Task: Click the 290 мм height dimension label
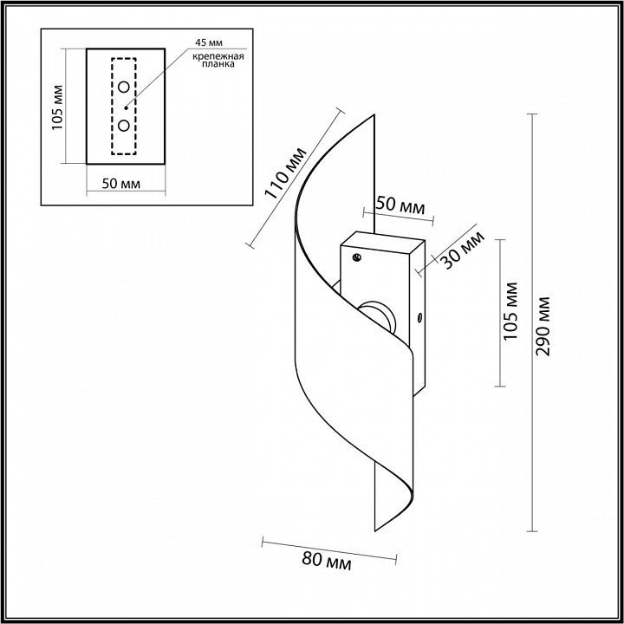[x=543, y=327]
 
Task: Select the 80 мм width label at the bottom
[x=327, y=562]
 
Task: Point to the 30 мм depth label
[x=464, y=250]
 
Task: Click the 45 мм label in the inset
[x=209, y=42]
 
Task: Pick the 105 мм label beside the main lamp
[x=510, y=311]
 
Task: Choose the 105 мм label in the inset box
[x=58, y=107]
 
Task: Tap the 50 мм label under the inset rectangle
[x=121, y=184]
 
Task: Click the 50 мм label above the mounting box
[x=400, y=205]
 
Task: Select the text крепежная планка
[x=218, y=60]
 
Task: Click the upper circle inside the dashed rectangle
[x=124, y=87]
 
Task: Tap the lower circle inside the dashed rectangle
[x=124, y=126]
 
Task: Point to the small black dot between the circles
[x=126, y=107]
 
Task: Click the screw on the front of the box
[x=357, y=257]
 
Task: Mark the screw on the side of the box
[x=419, y=317]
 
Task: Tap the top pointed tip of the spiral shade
[x=374, y=115]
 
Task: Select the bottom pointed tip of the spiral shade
[x=375, y=531]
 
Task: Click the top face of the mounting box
[x=383, y=242]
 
